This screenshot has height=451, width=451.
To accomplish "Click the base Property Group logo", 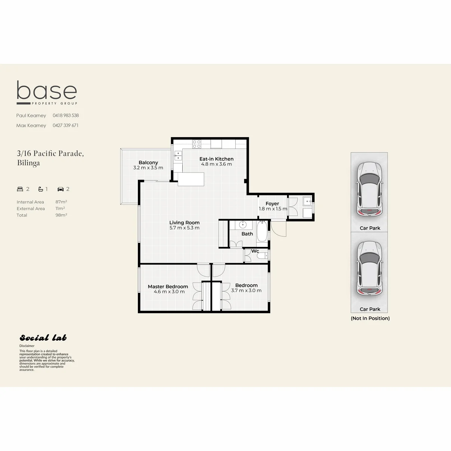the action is [47, 92].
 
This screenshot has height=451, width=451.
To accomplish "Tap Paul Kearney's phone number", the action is [66, 115].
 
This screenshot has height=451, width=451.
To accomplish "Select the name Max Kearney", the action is [31, 126].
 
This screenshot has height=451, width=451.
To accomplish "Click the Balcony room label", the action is [148, 162].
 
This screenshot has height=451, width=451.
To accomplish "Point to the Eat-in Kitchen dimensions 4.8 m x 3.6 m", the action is [216, 164].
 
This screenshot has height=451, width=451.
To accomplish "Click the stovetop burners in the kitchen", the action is [197, 144].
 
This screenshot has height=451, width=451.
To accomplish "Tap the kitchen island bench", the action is [191, 179].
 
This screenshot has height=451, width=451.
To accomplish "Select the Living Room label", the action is [185, 222].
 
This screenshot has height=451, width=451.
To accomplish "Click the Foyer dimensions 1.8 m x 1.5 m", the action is [273, 209].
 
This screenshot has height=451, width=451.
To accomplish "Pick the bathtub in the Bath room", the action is [262, 232].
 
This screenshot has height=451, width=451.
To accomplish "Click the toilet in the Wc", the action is [262, 256].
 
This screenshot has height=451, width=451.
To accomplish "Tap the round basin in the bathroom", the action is [243, 225].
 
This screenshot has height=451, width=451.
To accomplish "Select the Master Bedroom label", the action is [168, 286].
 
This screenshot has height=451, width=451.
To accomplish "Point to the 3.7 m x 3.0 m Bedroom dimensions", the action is [246, 291].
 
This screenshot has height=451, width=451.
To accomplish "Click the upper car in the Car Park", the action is [369, 189].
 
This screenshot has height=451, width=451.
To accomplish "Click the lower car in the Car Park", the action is [369, 268].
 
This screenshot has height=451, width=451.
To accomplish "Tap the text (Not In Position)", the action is [370, 318].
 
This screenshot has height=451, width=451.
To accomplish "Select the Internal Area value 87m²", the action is [61, 202].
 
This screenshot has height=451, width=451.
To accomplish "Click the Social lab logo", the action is [43, 337].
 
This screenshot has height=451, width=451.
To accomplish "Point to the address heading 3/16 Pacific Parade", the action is [50, 153].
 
